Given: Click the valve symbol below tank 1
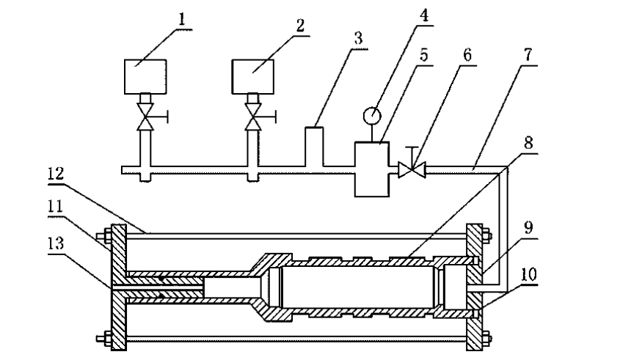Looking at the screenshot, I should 145,117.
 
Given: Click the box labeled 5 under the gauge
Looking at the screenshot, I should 372,168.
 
